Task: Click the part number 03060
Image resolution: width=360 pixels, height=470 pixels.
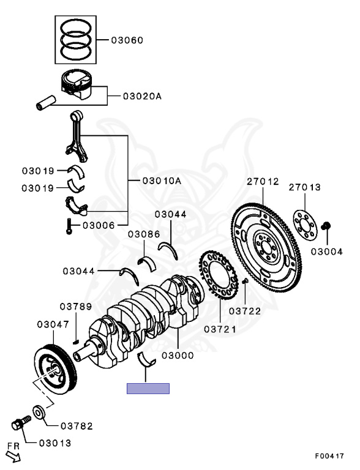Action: tap(127, 40)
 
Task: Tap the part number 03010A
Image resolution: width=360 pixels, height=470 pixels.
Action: tap(162, 181)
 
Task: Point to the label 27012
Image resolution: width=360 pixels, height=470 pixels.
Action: tap(263, 182)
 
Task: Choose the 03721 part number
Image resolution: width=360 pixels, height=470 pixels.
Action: tap(220, 329)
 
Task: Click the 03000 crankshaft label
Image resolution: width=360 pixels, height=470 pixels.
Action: tap(178, 355)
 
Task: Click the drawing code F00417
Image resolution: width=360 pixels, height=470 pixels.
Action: tap(329, 456)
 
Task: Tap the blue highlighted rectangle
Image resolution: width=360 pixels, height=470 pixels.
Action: tap(148, 388)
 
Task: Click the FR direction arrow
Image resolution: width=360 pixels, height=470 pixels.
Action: tap(12, 453)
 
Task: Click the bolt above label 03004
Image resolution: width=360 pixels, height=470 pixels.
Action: tap(327, 227)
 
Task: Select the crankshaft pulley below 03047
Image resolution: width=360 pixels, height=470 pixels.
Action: tap(54, 371)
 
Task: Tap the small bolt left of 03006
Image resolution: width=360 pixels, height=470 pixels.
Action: tap(69, 227)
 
